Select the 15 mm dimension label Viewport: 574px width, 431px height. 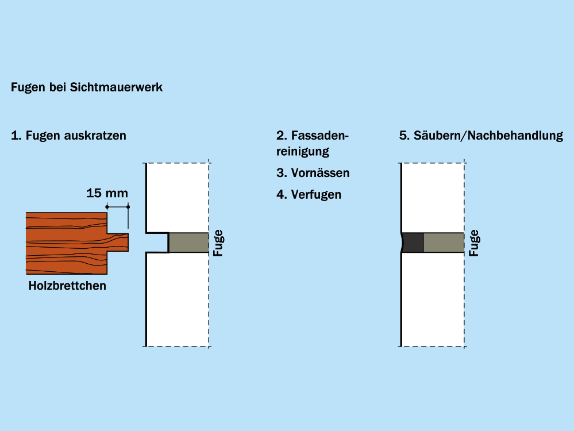point(107,193)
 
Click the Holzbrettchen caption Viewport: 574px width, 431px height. point(67,286)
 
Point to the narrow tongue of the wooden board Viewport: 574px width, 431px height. point(118,243)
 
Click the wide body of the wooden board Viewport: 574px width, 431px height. point(66,243)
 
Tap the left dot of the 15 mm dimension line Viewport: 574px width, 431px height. point(107,207)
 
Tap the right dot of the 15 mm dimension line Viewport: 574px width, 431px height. point(128,207)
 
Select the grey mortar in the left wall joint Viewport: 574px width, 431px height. point(188,243)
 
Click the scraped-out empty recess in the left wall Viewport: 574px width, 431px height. point(157,243)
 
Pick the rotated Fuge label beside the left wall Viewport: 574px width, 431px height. point(218,243)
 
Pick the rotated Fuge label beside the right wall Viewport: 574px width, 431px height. point(474,243)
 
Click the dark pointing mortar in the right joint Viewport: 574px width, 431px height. point(413,243)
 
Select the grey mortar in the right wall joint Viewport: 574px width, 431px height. point(444,243)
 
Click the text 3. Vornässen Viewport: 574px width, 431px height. point(313,173)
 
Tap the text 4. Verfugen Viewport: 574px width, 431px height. point(309,195)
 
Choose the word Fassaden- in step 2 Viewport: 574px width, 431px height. point(320,136)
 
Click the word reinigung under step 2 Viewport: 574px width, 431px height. point(303,152)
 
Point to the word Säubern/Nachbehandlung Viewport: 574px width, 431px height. point(488,136)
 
